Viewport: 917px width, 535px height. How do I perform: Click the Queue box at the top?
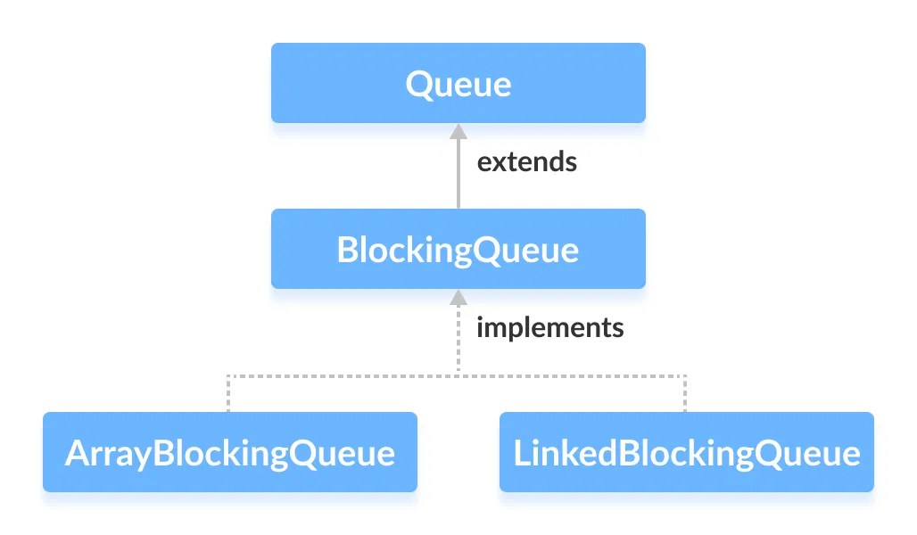click(x=458, y=83)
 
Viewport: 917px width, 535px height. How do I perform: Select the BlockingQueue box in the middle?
click(x=458, y=249)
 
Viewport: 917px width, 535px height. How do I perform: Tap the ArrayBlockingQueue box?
click(x=229, y=452)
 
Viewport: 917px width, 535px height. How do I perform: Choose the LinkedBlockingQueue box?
click(x=686, y=452)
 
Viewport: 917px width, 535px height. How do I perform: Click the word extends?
click(x=526, y=162)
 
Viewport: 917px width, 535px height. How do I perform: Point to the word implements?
click(x=549, y=327)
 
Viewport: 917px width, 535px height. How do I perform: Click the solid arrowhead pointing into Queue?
click(x=458, y=131)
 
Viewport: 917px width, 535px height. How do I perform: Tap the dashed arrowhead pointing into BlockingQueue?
click(x=458, y=297)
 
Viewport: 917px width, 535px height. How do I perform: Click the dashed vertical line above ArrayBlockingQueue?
click(x=229, y=393)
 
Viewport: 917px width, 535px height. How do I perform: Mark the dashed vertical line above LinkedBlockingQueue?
click(x=686, y=393)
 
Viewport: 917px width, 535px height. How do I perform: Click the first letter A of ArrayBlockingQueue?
click(x=76, y=453)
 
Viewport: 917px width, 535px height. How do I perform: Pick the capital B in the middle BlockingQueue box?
click(x=347, y=250)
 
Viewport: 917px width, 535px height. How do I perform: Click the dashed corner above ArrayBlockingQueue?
click(x=229, y=375)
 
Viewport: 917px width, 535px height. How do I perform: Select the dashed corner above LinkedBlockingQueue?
click(x=686, y=375)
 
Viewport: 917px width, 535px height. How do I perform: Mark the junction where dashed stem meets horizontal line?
click(x=458, y=375)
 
